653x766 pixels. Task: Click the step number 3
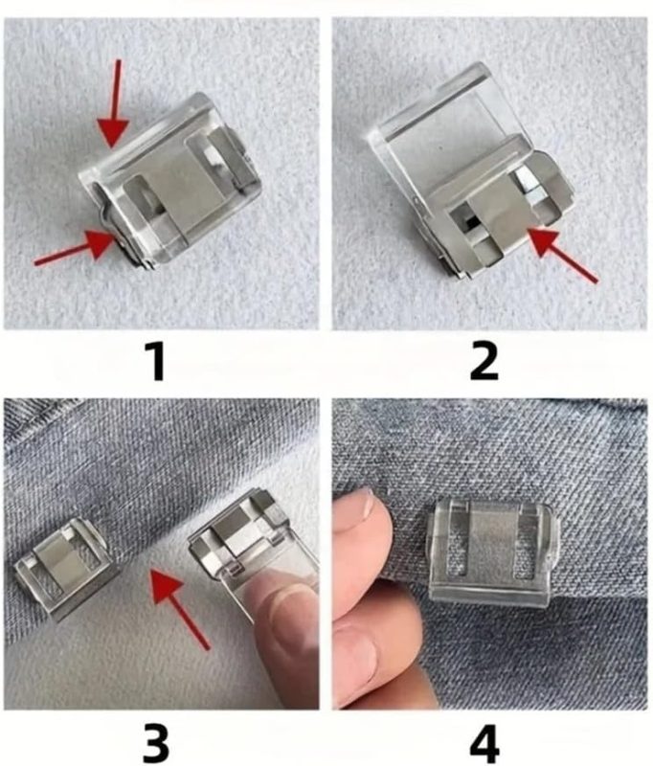[x=156, y=743]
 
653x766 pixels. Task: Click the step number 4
[x=484, y=743]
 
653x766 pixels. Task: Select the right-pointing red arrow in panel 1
[x=76, y=249]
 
